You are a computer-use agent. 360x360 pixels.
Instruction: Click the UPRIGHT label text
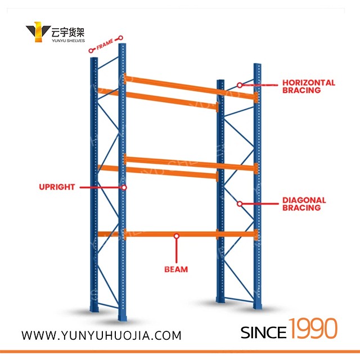[x=57, y=187]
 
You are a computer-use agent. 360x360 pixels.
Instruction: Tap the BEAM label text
[x=176, y=269]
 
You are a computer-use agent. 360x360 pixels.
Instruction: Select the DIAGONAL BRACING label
[x=304, y=204]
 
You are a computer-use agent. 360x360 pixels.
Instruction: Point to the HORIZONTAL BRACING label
[x=309, y=86]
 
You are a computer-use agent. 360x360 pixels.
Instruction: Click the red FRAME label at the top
[x=105, y=44]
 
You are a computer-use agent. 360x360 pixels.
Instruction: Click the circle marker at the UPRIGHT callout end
[x=124, y=187]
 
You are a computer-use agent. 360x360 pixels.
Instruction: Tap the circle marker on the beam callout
[x=176, y=236]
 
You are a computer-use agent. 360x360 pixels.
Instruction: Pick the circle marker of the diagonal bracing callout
[x=240, y=204]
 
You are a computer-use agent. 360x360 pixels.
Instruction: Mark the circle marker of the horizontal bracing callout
[x=240, y=85]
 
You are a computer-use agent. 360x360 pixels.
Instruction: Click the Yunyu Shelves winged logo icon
[x=38, y=32]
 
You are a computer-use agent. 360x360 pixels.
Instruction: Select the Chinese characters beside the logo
[x=67, y=33]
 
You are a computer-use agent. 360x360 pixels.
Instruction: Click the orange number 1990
[x=313, y=328]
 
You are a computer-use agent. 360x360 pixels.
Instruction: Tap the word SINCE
[x=263, y=332]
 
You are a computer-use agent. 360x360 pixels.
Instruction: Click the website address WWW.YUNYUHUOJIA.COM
[x=101, y=335]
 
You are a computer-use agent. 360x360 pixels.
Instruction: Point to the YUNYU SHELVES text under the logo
[x=68, y=40]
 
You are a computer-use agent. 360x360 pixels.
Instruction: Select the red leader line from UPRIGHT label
[x=101, y=187]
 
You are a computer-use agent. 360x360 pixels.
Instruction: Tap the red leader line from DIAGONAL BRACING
[x=260, y=204]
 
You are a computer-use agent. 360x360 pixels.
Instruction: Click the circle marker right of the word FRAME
[x=120, y=38]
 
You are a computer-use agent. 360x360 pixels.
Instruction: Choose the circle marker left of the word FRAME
[x=91, y=51]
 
